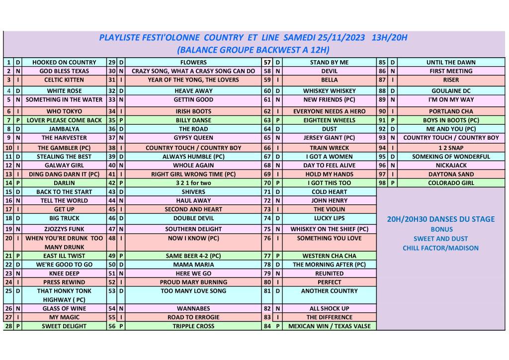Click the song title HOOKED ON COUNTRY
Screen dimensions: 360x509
click(64, 63)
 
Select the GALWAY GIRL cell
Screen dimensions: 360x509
click(64, 166)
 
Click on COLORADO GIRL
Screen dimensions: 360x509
click(451, 183)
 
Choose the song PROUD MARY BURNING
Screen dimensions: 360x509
click(193, 282)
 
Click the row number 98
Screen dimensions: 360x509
click(382, 183)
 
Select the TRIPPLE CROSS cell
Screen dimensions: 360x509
click(193, 326)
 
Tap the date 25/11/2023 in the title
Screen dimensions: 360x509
click(339, 38)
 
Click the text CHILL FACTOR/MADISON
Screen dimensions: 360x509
click(440, 248)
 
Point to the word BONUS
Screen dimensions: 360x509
click(441, 229)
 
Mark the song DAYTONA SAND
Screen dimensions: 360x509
click(451, 175)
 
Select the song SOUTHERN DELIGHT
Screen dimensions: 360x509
click(193, 229)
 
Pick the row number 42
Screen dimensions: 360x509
click(112, 183)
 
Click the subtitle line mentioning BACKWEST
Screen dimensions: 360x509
click(254, 50)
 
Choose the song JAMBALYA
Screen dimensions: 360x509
click(64, 129)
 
